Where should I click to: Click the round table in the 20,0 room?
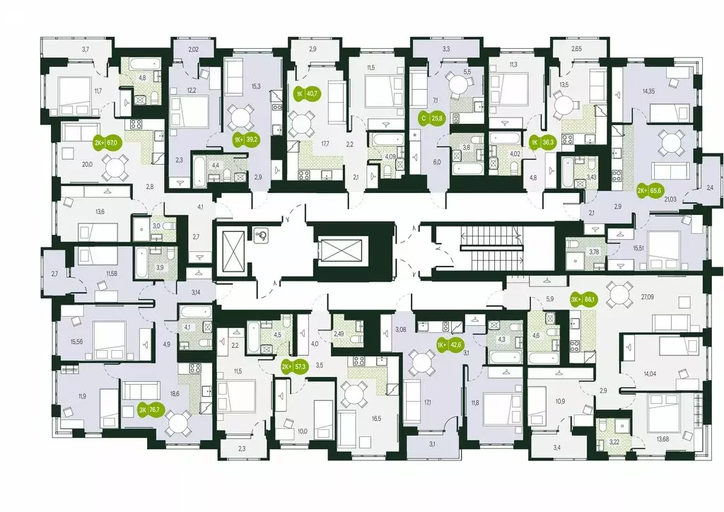[x=113, y=168]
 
